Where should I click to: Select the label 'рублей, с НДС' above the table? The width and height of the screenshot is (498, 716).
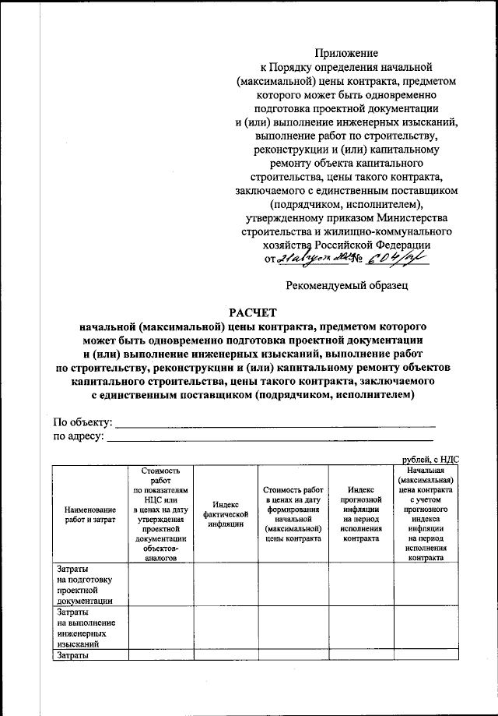click(430, 460)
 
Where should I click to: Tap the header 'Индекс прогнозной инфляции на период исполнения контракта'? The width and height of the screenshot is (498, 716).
click(361, 514)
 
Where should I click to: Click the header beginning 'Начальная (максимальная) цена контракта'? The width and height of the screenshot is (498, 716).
click(426, 514)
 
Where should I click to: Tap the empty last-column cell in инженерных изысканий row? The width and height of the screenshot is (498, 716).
click(426, 630)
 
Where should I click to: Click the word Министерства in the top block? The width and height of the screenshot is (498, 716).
click(399, 217)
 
